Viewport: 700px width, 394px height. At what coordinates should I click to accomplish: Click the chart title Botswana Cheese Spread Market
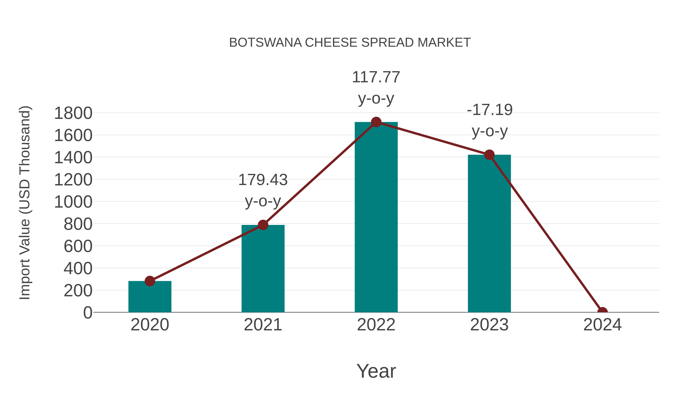350,43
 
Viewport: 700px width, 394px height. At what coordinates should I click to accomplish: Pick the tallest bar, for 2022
376,218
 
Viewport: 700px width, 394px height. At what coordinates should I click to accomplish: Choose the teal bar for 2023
489,234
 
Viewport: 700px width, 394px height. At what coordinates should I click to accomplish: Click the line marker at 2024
602,312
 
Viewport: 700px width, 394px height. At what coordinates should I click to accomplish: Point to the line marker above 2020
150,281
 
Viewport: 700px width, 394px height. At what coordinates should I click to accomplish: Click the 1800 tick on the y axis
73,113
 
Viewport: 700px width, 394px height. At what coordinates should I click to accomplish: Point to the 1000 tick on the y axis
73,202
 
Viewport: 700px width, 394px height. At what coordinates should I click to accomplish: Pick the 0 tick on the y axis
87,312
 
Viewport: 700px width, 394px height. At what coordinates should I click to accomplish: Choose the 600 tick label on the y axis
78,246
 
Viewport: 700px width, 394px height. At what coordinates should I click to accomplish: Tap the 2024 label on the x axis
602,325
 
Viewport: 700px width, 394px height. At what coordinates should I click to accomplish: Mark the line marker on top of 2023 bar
489,155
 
